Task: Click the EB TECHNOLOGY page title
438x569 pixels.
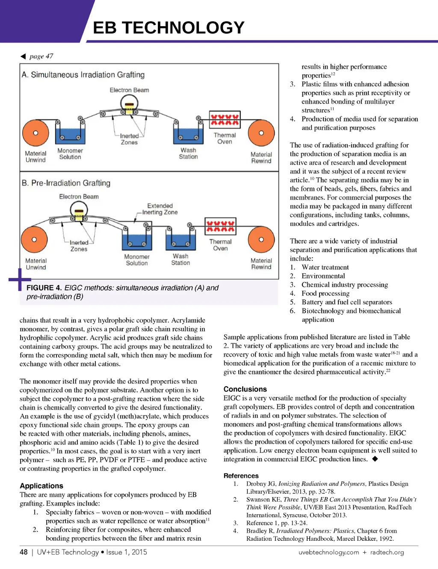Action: pyautogui.click(x=169, y=28)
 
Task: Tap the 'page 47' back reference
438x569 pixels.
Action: pyautogui.click(x=41, y=56)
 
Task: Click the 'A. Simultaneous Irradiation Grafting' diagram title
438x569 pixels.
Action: pyautogui.click(x=83, y=75)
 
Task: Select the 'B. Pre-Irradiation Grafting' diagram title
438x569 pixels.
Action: pyautogui.click(x=66, y=183)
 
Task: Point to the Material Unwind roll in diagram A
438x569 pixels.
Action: pyautogui.click(x=36, y=133)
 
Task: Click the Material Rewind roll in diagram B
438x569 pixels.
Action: pyautogui.click(x=261, y=240)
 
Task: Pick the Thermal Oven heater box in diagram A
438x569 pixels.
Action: pyautogui.click(x=225, y=119)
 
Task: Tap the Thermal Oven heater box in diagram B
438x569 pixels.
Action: pyautogui.click(x=221, y=226)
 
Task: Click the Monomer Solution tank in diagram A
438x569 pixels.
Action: pyautogui.click(x=70, y=135)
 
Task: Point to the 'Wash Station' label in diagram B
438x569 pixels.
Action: pyautogui.click(x=181, y=259)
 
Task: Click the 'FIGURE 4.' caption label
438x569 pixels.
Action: pyautogui.click(x=44, y=288)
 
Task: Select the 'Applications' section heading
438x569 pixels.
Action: pyautogui.click(x=41, y=486)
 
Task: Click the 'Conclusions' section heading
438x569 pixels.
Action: pyautogui.click(x=245, y=389)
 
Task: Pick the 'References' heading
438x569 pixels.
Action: pyautogui.click(x=241, y=476)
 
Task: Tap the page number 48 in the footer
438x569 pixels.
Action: pyautogui.click(x=24, y=552)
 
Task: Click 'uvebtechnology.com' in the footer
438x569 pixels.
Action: pyautogui.click(x=328, y=552)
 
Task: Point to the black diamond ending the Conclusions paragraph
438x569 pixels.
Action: pyautogui.click(x=375, y=459)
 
